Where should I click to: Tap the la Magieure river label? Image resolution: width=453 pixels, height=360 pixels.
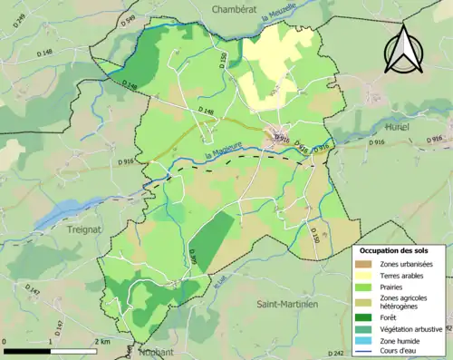222,149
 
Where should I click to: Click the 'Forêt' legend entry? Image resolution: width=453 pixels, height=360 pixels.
391,316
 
